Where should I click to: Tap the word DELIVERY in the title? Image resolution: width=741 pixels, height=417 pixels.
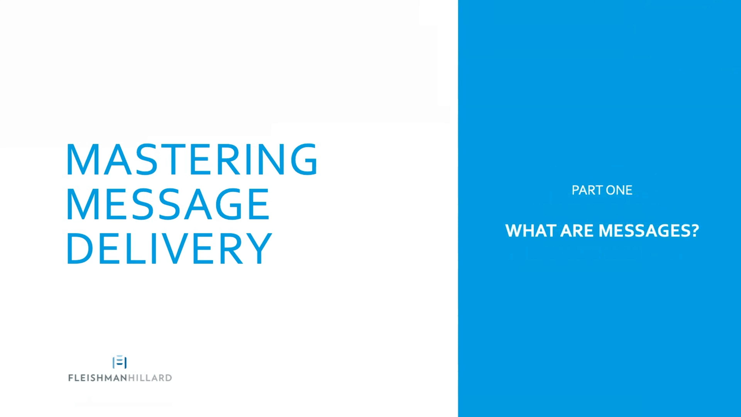click(x=169, y=248)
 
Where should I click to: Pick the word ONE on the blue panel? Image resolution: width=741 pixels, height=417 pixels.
click(x=619, y=190)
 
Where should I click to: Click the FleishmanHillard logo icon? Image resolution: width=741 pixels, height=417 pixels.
click(x=120, y=362)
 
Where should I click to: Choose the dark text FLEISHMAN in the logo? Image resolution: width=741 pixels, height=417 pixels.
click(x=98, y=378)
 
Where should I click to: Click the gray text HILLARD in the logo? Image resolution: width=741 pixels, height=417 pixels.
click(x=150, y=378)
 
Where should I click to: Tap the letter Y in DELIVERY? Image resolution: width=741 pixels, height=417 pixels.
click(x=258, y=248)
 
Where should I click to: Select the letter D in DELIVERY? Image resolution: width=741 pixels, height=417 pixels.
click(x=80, y=248)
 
